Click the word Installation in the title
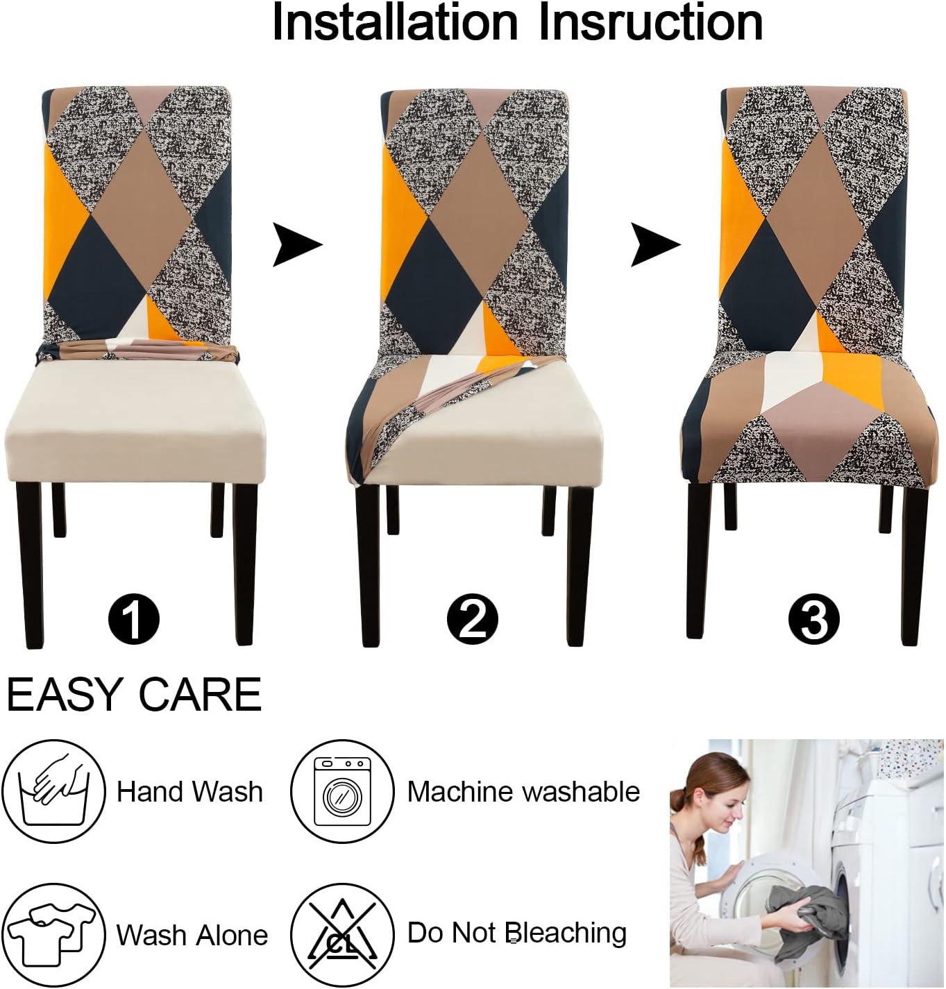pos(394,24)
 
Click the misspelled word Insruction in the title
pos(650,24)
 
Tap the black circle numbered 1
pos(134,618)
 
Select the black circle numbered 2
pos(472,618)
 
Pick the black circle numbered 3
pos(813,618)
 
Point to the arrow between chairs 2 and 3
pos(654,244)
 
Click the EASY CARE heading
pos(134,694)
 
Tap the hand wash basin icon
pos(53,792)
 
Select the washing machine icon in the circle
pos(342,792)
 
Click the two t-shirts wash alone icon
pos(53,934)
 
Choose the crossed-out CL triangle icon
pos(342,934)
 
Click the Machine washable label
pos(523,792)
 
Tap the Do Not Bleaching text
pos(516,933)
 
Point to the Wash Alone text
pos(192,935)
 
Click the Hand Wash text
pos(189,792)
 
